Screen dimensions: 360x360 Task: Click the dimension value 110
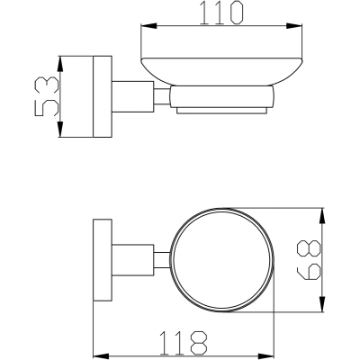[x=220, y=13]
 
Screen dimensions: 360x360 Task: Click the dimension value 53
[x=47, y=96]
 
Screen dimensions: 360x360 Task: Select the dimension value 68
[x=309, y=260]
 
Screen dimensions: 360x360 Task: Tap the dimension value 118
[x=184, y=343]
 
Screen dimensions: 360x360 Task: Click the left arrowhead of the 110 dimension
[x=148, y=26]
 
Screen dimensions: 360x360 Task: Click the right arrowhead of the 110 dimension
[x=294, y=26]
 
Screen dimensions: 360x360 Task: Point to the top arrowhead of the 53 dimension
[x=60, y=64]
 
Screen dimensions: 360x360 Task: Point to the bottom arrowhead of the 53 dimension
[x=60, y=130]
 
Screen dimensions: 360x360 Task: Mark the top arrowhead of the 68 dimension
[x=322, y=215]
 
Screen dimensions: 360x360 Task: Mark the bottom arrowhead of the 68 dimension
[x=322, y=304]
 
